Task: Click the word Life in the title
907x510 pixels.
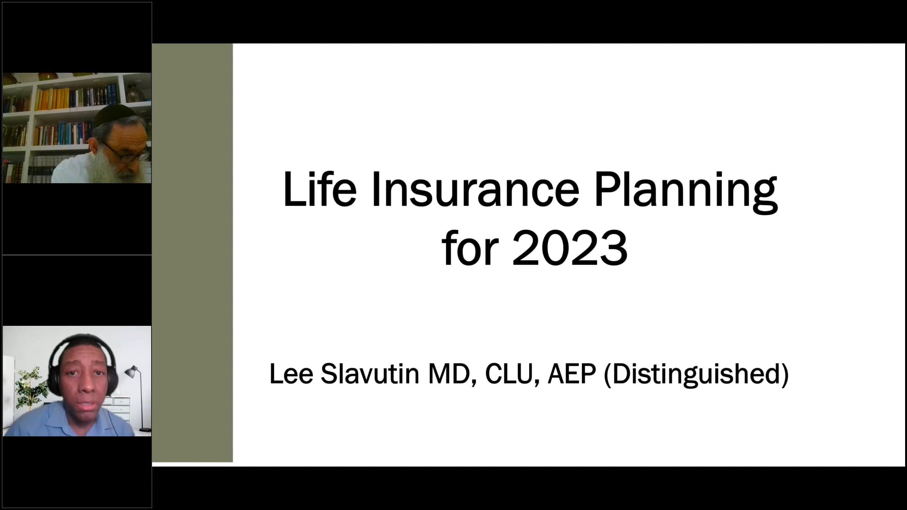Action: click(319, 190)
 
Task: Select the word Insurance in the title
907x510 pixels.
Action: click(475, 190)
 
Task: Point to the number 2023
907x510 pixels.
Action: click(570, 248)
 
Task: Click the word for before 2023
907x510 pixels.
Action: click(471, 248)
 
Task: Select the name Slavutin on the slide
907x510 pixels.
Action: click(370, 374)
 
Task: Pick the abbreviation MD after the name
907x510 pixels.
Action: click(451, 374)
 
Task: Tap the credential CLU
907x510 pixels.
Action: click(512, 374)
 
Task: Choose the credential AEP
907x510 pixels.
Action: click(572, 374)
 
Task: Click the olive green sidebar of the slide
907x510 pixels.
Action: click(192, 253)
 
